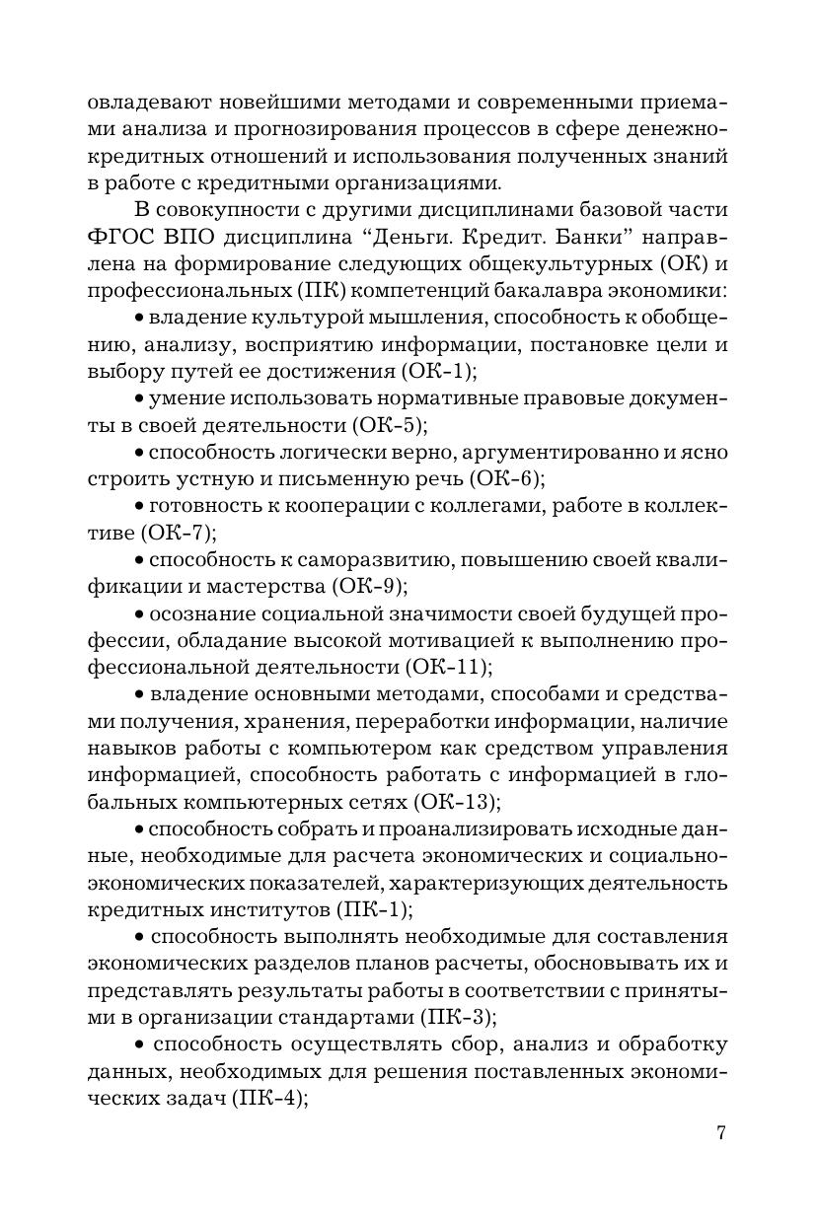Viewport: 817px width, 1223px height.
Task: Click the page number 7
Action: [x=721, y=1132]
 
